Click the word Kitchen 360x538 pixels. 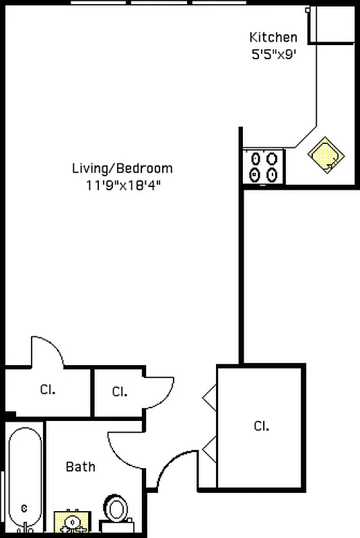pyautogui.click(x=273, y=37)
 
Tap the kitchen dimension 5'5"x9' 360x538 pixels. pyautogui.click(x=273, y=54)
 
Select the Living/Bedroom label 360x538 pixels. pyautogui.click(x=122, y=169)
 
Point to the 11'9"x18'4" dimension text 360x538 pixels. pyautogui.click(x=123, y=186)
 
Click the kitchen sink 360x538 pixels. pyautogui.click(x=326, y=155)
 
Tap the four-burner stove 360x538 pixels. pyautogui.click(x=263, y=167)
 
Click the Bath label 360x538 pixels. pyautogui.click(x=80, y=467)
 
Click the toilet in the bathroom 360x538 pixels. pyautogui.click(x=116, y=514)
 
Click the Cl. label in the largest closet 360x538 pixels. pyautogui.click(x=261, y=426)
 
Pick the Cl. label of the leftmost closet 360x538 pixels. pyautogui.click(x=48, y=389)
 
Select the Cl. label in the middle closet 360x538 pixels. pyautogui.click(x=119, y=391)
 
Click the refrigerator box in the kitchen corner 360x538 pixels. pyautogui.click(x=331, y=25)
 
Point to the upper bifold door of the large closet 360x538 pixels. pyautogui.click(x=210, y=398)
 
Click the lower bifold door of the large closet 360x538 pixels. pyautogui.click(x=210, y=449)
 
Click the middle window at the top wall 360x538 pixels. pyautogui.click(x=159, y=3)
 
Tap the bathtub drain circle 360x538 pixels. pyautogui.click(x=24, y=508)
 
